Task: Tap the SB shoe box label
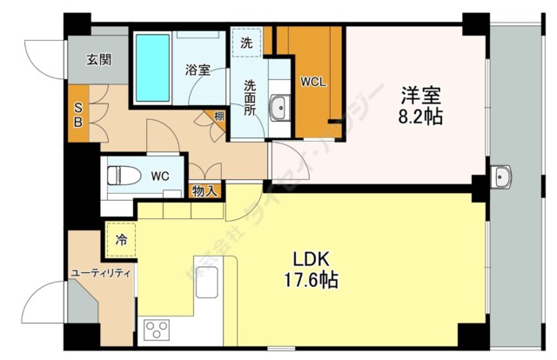coord(77,114)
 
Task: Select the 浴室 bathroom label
coord(198,70)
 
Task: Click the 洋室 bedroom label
coord(415,94)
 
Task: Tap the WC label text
coord(159,176)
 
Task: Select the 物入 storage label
coord(205,191)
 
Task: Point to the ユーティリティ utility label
coord(100,273)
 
